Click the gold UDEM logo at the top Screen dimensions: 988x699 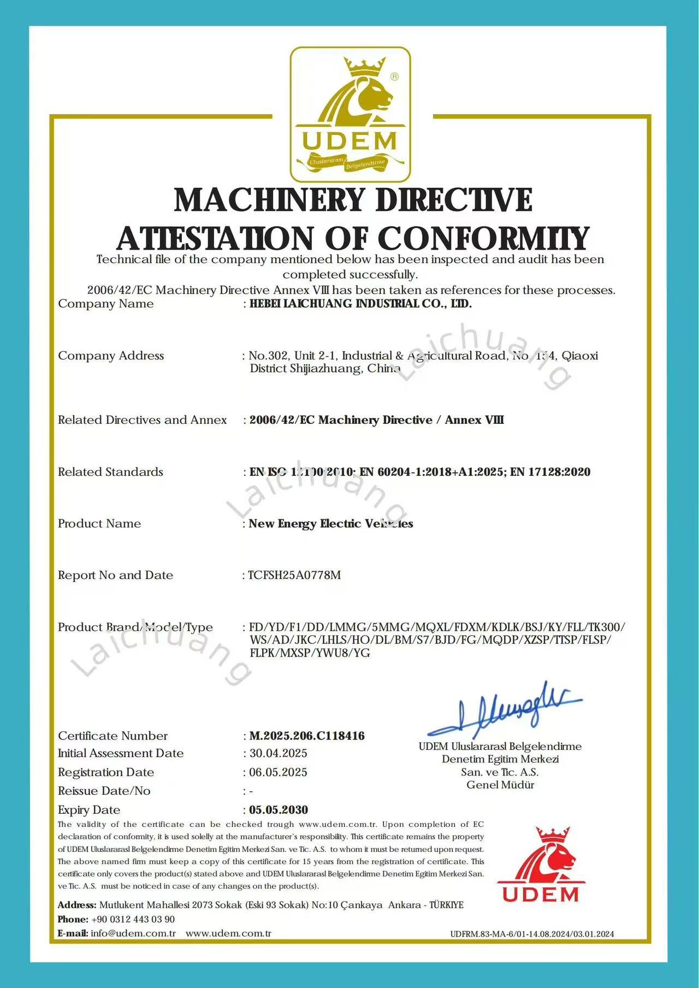(x=349, y=114)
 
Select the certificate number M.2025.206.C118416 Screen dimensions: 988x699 (x=307, y=736)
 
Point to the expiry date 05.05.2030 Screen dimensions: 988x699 (x=279, y=809)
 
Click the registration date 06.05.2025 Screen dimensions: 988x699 (x=279, y=772)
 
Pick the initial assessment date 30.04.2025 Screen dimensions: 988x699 (x=279, y=753)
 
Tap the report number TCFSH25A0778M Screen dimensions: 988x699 (x=294, y=575)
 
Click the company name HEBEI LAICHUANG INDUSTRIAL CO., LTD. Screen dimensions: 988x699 (x=360, y=304)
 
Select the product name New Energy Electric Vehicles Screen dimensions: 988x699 (x=331, y=523)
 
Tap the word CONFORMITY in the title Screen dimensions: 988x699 (x=483, y=239)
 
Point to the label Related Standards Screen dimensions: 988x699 (x=111, y=472)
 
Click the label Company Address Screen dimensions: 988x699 (x=111, y=356)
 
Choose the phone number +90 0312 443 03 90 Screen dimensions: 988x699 (x=133, y=919)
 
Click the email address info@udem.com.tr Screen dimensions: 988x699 (x=133, y=933)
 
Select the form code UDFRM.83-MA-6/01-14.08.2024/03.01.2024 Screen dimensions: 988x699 (x=532, y=934)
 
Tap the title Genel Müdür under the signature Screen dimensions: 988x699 (x=500, y=785)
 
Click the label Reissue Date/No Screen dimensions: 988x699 (x=104, y=791)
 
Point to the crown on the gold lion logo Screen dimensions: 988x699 (x=364, y=68)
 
